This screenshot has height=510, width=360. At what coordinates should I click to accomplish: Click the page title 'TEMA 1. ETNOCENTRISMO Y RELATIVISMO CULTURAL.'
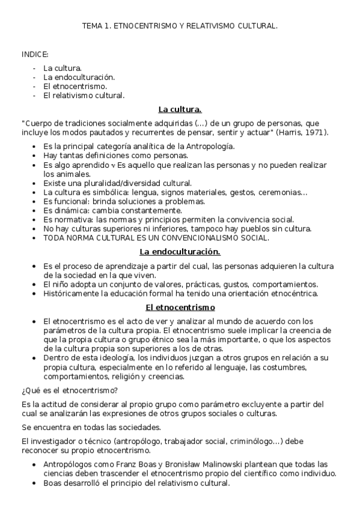(180, 26)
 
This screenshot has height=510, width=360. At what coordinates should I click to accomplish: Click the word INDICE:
(35, 54)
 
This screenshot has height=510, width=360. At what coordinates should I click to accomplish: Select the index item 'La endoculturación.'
(79, 77)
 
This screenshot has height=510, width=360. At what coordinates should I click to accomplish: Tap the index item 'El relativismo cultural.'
(84, 95)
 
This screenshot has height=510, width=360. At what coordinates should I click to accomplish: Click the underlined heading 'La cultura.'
(180, 109)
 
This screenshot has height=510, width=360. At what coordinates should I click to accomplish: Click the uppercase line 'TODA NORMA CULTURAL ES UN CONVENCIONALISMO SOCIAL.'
(156, 238)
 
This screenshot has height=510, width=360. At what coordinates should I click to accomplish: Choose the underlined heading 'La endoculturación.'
(180, 251)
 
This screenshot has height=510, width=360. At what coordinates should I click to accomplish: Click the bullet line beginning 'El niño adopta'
(180, 284)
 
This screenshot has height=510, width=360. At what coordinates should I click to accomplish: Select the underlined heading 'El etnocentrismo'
(180, 307)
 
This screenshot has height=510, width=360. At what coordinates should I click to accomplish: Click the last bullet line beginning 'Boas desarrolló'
(136, 483)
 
